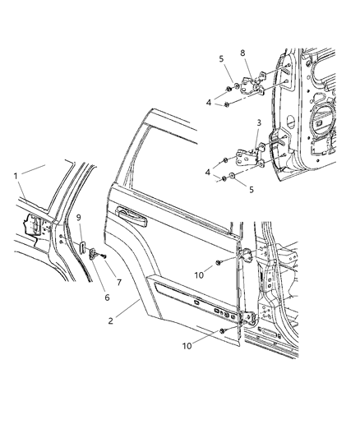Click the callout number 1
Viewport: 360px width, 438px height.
[15, 175]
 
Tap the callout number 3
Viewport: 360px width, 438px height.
[259, 123]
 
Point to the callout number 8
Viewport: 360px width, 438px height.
[242, 53]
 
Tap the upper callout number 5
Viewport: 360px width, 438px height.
[221, 58]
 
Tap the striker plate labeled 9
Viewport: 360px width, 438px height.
[82, 249]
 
